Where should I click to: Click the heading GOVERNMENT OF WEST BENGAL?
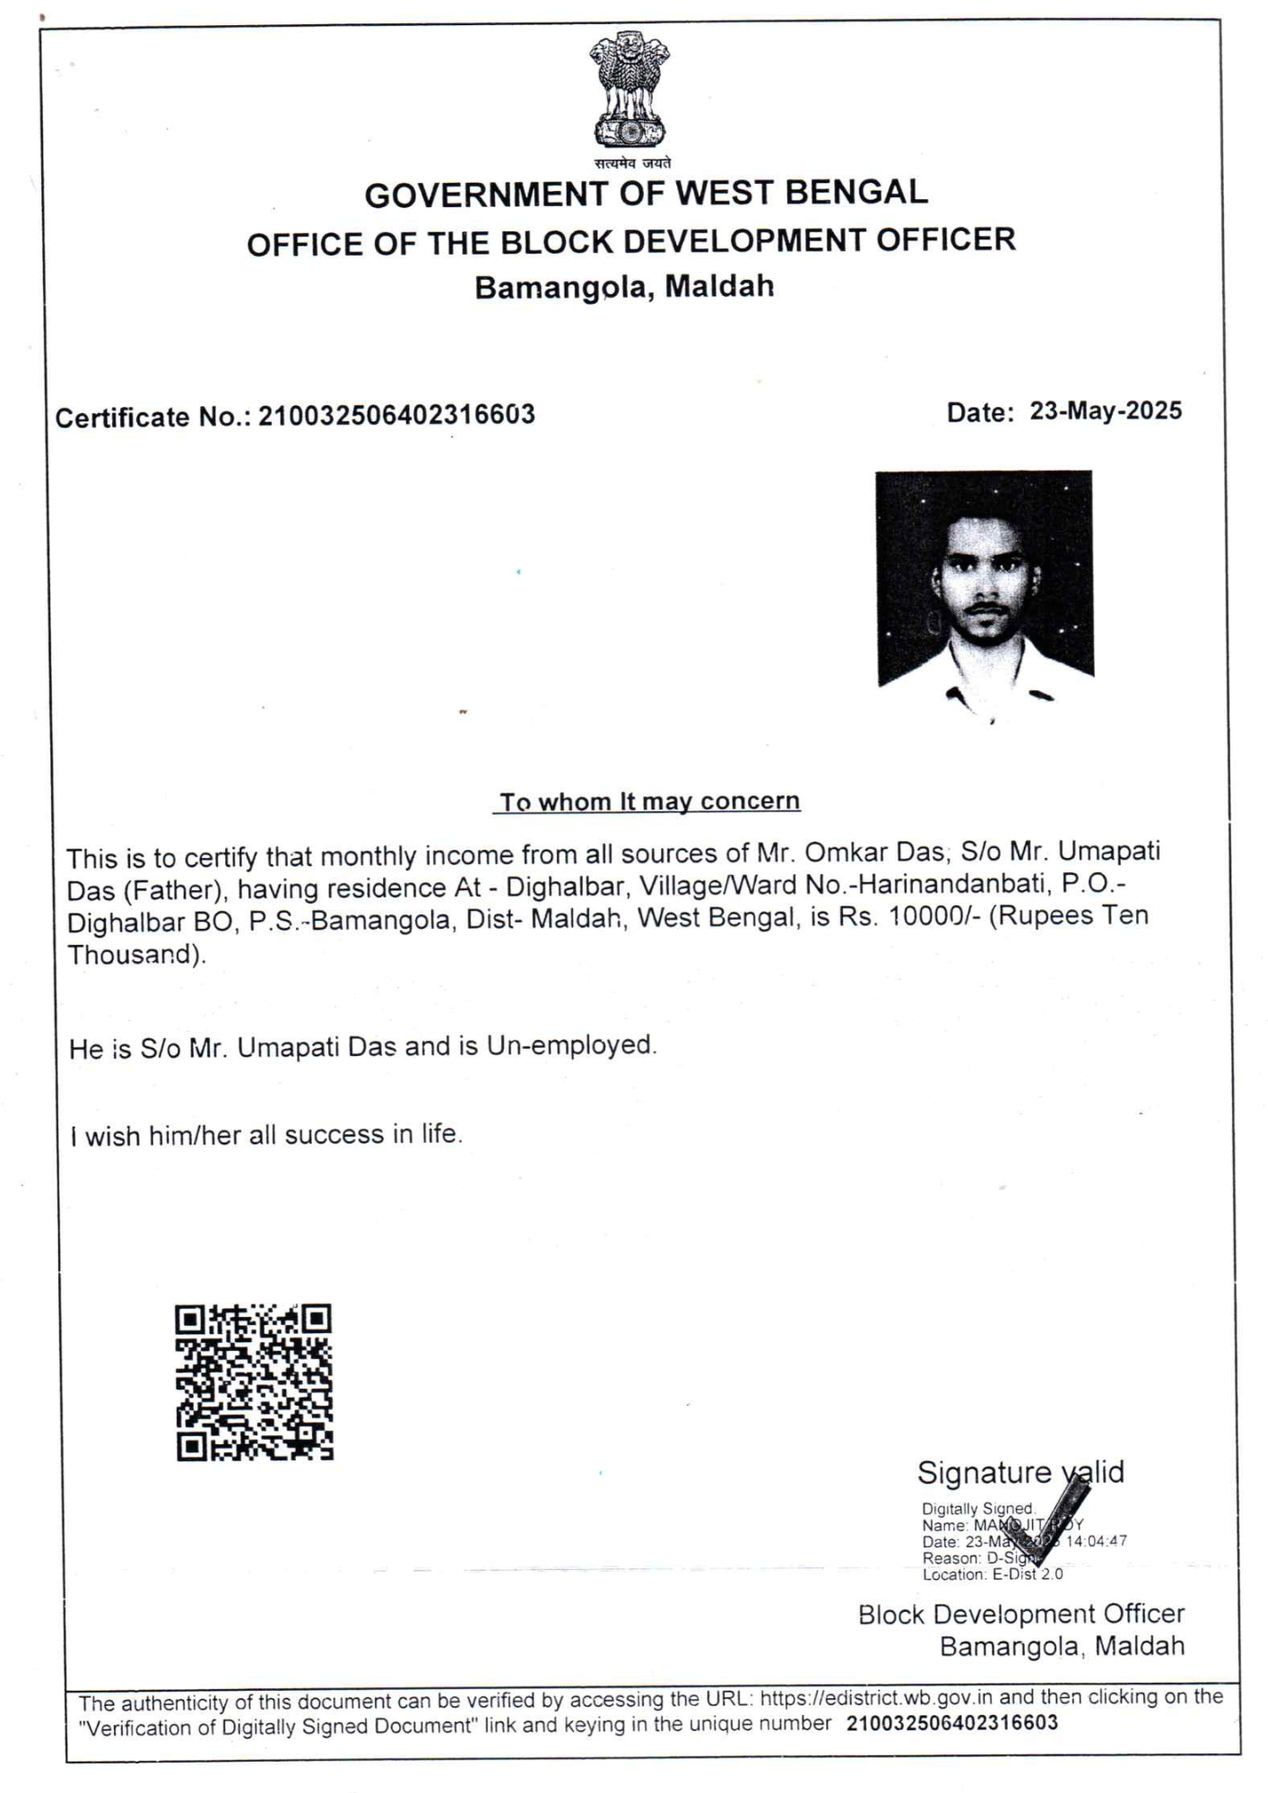pyautogui.click(x=646, y=194)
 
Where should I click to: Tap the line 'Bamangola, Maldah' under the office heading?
pyautogui.click(x=624, y=287)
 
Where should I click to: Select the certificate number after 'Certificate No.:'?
pyautogui.click(x=396, y=415)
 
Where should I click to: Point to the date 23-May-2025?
pyautogui.click(x=1106, y=411)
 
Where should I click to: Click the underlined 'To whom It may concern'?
pyautogui.click(x=648, y=801)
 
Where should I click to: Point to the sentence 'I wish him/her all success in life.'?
pyautogui.click(x=266, y=1136)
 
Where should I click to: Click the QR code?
pyautogui.click(x=254, y=1382)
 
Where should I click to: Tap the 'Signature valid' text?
pyautogui.click(x=1020, y=1473)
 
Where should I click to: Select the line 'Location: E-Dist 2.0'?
pyautogui.click(x=992, y=1574)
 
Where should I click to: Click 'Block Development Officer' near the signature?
pyautogui.click(x=1020, y=1615)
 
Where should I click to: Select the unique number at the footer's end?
pyautogui.click(x=951, y=1723)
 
